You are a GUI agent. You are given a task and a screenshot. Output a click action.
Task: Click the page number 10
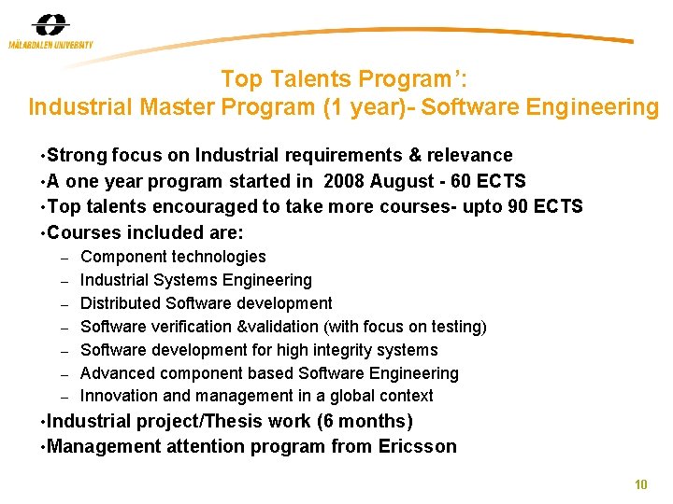point(640,484)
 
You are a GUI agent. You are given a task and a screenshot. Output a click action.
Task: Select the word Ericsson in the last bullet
point(418,446)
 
